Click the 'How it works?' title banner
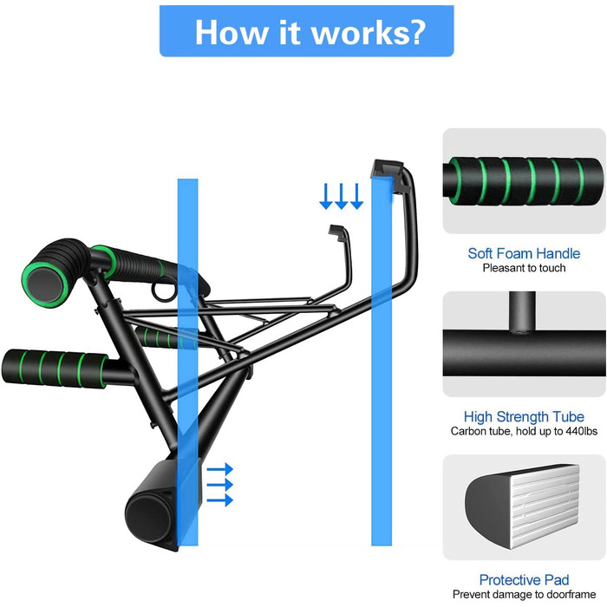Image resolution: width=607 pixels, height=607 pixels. coord(306,31)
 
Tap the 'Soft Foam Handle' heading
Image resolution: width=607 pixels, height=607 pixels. coord(524,253)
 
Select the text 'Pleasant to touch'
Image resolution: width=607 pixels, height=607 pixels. coord(524,268)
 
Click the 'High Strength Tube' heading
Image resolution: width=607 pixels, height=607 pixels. coord(524,416)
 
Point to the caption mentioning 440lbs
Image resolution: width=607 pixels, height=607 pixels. coord(524,431)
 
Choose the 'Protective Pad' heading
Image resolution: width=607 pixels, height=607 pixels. coord(524,579)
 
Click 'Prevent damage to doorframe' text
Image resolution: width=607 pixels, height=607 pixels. coord(524,594)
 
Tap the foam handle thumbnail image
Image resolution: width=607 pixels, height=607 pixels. coord(524,180)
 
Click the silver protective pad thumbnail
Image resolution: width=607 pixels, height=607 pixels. coord(524,506)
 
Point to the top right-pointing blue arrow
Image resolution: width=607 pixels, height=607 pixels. coord(220,468)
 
